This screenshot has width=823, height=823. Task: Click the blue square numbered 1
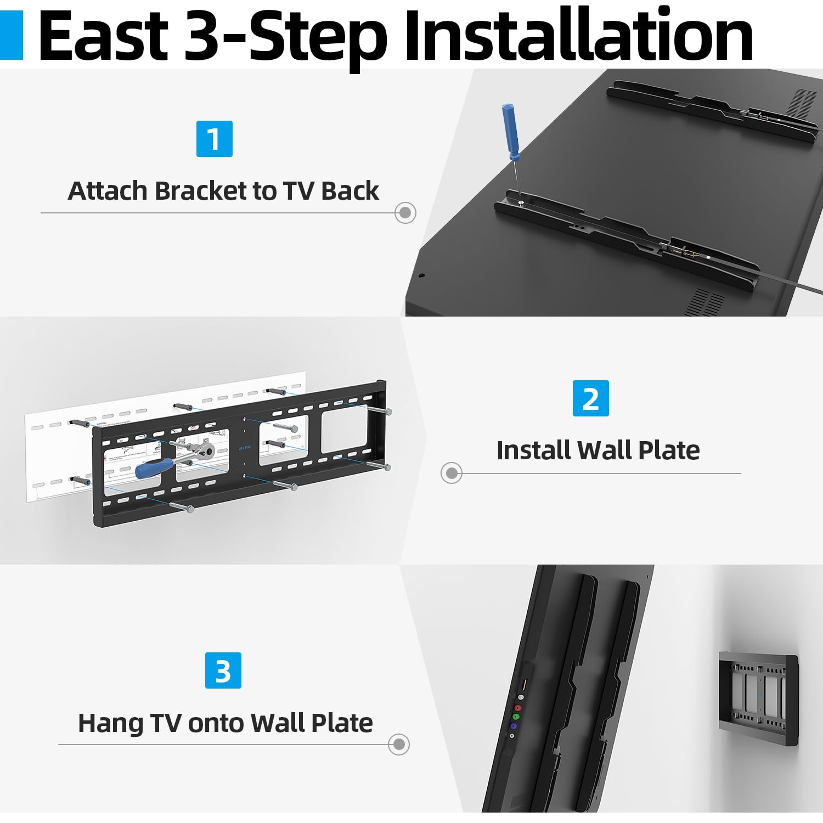(x=214, y=139)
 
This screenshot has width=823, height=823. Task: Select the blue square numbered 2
(x=590, y=398)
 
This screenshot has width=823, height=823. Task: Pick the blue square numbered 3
(x=223, y=670)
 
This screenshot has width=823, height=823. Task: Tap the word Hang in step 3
(x=110, y=723)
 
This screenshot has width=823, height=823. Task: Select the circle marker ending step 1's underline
(x=405, y=212)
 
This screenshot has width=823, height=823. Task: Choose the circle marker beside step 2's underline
(x=451, y=472)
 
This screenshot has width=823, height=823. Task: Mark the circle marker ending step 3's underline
(x=398, y=744)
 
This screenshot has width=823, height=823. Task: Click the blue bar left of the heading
(x=11, y=36)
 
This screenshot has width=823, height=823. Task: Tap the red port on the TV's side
(x=517, y=708)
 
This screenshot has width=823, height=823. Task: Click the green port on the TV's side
(x=515, y=717)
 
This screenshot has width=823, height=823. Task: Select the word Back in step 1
(x=350, y=191)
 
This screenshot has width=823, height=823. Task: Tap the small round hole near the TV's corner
(x=421, y=275)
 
